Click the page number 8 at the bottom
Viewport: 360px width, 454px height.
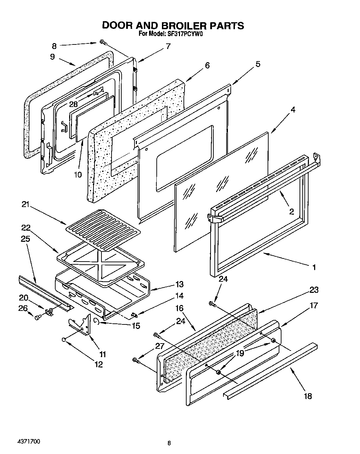tap(169, 443)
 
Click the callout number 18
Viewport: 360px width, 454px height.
tap(308, 396)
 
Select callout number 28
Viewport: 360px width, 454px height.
tap(73, 104)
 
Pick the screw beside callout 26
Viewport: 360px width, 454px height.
tap(38, 316)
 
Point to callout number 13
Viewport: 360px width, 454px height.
tap(179, 284)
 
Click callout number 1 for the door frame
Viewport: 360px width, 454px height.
tap(314, 267)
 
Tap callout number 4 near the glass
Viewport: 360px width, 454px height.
tap(293, 110)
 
